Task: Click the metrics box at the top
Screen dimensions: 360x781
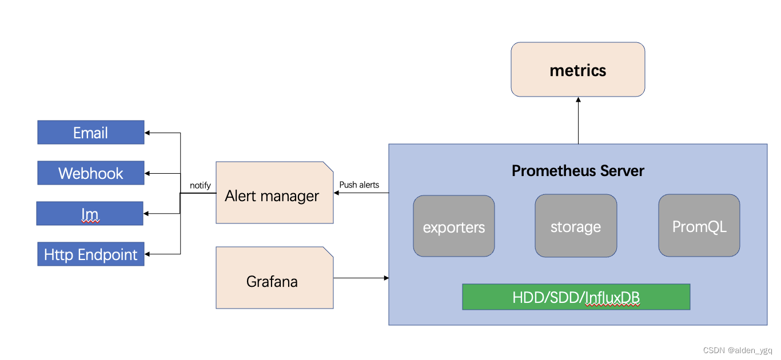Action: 577,70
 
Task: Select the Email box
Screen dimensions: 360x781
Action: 90,133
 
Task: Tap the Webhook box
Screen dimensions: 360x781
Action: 90,173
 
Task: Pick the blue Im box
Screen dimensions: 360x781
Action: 90,214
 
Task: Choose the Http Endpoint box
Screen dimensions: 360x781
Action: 90,254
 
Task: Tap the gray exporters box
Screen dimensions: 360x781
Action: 453,226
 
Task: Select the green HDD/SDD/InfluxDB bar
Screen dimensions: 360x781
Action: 576,297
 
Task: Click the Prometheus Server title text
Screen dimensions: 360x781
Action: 577,171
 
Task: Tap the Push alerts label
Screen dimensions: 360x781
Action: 359,185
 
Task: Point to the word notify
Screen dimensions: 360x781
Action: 200,185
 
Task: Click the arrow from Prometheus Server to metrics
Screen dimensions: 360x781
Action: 578,121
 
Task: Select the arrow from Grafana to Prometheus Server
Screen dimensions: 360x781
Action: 361,278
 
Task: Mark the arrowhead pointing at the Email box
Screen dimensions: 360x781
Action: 148,133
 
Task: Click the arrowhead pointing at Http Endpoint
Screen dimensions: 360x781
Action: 148,254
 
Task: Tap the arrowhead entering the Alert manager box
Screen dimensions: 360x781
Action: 337,193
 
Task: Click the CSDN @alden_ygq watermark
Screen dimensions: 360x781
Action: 738,350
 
